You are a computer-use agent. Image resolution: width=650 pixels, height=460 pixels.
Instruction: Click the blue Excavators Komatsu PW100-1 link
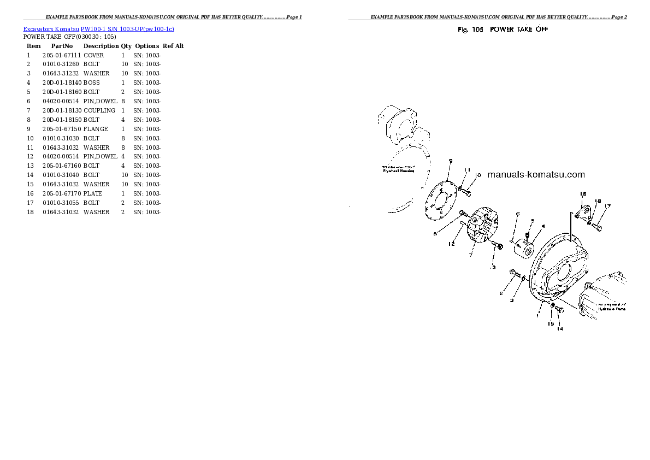[x=98, y=28]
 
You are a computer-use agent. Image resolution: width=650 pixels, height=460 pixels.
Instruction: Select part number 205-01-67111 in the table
[x=62, y=55]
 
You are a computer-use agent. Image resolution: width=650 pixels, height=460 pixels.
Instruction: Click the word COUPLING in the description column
[x=99, y=110]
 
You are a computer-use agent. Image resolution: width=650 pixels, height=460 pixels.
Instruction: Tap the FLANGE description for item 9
[x=96, y=129]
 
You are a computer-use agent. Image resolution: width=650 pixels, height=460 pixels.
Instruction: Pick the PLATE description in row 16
[x=93, y=193]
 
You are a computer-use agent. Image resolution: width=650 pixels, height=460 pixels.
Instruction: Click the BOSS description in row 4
[x=92, y=82]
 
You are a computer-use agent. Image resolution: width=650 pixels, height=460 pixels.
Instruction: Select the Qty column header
[x=126, y=46]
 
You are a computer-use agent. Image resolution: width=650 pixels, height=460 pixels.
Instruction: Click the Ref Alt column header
[x=173, y=46]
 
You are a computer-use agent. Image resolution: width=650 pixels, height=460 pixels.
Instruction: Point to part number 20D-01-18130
[x=62, y=110]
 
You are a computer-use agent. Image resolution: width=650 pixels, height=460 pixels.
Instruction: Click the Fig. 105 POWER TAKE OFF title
[x=503, y=30]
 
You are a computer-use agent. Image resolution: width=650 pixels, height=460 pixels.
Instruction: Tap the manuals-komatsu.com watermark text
[x=535, y=175]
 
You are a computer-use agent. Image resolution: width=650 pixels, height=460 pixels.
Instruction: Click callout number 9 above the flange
[x=450, y=161]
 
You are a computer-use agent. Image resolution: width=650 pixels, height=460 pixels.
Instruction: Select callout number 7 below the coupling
[x=470, y=255]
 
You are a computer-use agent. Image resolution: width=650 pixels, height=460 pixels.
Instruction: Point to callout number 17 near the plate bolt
[x=607, y=206]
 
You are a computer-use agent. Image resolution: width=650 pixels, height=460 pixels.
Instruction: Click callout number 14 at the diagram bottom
[x=560, y=328]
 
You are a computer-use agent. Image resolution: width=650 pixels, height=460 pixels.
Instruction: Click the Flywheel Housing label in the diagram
[x=398, y=170]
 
